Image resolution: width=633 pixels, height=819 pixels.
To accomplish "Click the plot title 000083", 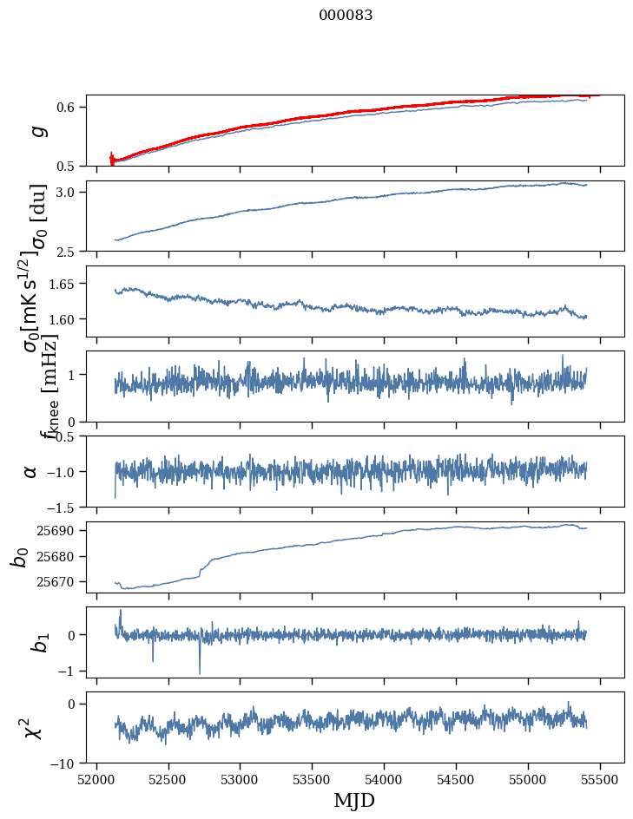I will click(346, 15).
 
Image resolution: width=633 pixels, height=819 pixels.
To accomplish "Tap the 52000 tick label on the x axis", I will click(96, 779).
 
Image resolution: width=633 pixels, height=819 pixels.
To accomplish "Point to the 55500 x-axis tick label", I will click(601, 779).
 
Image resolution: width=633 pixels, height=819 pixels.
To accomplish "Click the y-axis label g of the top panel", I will click(36, 131).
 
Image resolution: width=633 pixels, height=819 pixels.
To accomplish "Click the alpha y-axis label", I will click(30, 471).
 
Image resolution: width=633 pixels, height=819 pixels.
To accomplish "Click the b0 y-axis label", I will click(20, 556).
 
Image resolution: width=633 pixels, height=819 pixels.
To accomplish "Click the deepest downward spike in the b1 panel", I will click(200, 672).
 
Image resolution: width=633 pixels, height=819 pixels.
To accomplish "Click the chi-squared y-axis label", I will click(33, 727).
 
